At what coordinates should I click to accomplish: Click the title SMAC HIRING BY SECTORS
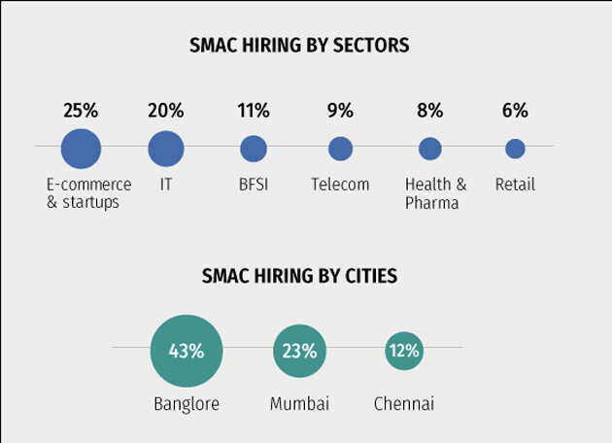299,46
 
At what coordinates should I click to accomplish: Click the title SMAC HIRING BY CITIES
299,276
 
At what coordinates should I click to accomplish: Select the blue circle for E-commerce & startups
81,149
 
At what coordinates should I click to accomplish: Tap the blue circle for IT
166,149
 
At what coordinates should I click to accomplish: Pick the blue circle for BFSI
254,149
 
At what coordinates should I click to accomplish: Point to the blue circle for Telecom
340,149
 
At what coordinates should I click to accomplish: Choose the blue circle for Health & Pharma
430,149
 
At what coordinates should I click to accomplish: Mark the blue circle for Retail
515,149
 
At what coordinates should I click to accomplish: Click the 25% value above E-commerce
81,111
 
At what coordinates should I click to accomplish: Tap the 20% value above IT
166,111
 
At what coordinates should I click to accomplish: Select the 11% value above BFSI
254,111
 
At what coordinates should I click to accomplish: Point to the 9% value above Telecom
340,111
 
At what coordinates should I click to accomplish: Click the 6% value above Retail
515,111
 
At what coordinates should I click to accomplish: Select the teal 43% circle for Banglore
187,351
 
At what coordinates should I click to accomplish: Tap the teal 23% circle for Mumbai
299,351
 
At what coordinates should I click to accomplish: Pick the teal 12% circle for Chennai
403,351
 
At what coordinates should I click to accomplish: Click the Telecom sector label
340,185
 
